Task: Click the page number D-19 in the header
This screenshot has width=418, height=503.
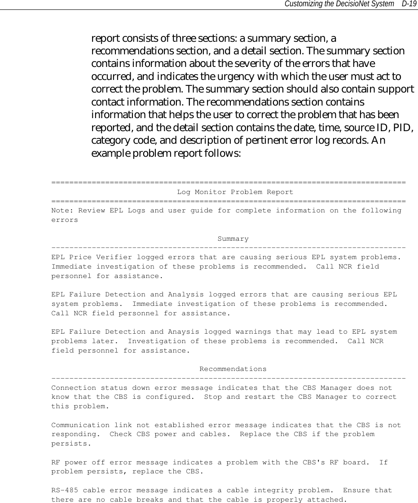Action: (x=409, y=4)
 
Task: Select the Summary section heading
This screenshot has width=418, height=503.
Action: (x=233, y=239)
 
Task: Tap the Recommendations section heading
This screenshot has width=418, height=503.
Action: (x=233, y=369)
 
